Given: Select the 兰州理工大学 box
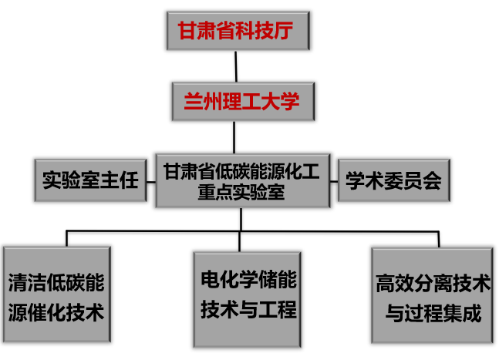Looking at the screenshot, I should pos(241,101).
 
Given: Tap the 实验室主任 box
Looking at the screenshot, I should pos(89,180).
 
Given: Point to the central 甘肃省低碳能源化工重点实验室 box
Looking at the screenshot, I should pos(241,181).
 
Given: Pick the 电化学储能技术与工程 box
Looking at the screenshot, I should pos(248,295).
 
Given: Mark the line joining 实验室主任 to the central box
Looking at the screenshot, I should pos(150,181).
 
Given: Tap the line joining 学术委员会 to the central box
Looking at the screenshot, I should pos(332,181).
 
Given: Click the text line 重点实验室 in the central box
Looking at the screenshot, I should pos(241,193).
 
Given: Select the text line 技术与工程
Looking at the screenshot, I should pos(248,310).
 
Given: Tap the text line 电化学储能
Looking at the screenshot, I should pos(248,279).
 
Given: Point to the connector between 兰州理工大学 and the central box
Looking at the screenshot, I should pos(241,136).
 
